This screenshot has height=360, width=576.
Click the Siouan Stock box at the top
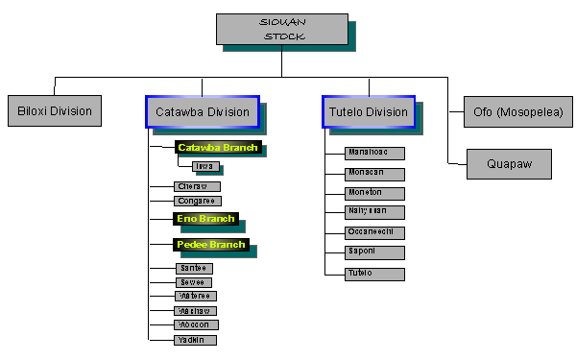click(281, 29)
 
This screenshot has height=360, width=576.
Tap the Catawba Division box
click(202, 111)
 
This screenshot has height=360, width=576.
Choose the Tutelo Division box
click(368, 111)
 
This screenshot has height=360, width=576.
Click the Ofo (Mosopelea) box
click(518, 112)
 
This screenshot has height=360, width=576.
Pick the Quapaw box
click(509, 162)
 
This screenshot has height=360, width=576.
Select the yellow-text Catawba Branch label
click(219, 148)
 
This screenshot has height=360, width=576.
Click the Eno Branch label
click(204, 219)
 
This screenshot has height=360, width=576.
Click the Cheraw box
click(197, 185)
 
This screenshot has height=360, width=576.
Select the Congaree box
click(198, 201)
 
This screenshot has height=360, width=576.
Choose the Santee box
click(193, 268)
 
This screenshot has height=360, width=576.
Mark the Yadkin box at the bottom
click(196, 340)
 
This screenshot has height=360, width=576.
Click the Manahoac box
click(374, 153)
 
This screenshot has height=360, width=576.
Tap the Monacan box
click(374, 173)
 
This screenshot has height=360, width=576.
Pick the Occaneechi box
click(374, 232)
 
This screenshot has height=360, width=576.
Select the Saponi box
click(374, 253)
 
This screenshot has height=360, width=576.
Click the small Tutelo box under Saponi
click(374, 274)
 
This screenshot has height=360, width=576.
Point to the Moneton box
click(374, 192)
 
